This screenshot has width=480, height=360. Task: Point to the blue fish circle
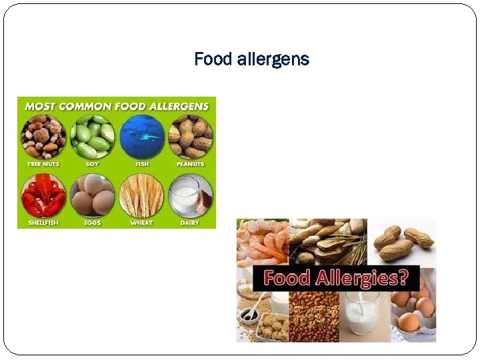tap(141, 136)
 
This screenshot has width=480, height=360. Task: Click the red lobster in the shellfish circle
tap(43, 197)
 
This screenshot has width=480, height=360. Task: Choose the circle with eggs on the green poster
tap(92, 197)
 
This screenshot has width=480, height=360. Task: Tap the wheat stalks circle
tap(141, 197)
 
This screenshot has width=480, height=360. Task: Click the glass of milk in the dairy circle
tap(186, 197)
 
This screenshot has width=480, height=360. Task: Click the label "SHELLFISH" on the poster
tap(43, 223)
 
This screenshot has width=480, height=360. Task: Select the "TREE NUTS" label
tap(43, 164)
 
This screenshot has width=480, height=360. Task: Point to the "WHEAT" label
tap(141, 223)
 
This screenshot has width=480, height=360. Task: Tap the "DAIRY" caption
tap(190, 223)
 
